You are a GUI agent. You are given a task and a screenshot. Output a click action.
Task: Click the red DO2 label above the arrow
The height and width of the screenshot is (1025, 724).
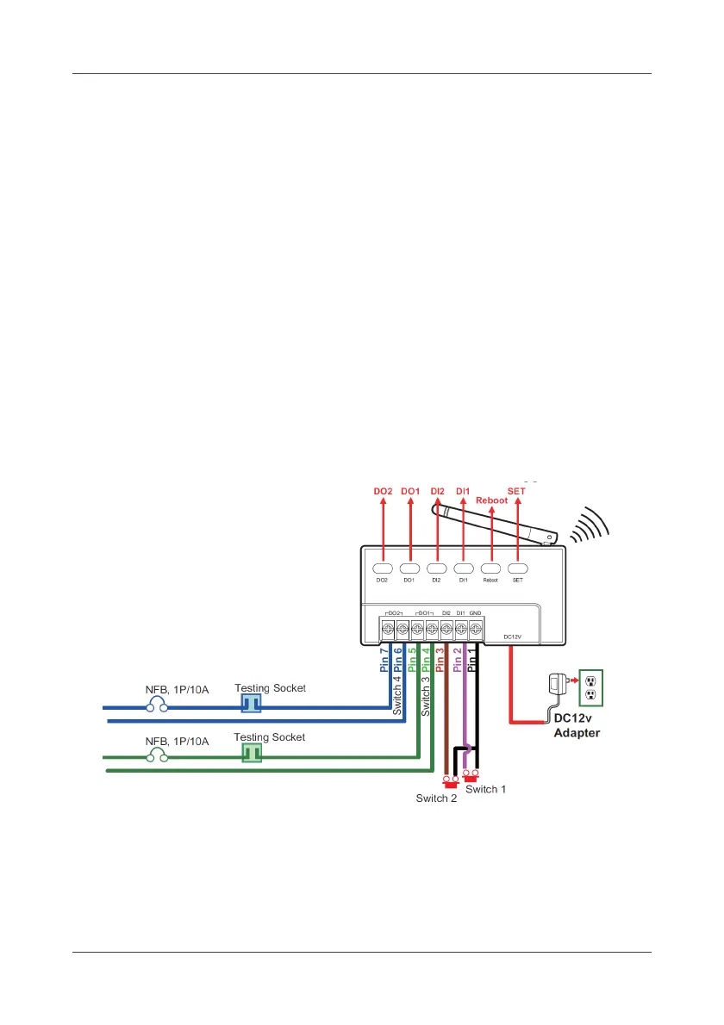coord(384,491)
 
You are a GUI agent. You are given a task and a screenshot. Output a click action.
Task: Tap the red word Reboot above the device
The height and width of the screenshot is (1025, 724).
coord(492,500)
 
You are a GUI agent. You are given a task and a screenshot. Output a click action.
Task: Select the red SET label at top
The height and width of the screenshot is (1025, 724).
coord(517,491)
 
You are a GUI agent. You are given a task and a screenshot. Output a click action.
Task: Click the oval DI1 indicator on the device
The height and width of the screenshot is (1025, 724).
coord(464,568)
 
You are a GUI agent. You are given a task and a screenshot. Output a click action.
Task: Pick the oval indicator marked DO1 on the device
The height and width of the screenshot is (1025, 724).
coord(410,568)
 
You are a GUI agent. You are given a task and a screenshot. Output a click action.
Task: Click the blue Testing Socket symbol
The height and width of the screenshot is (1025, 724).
coord(250,705)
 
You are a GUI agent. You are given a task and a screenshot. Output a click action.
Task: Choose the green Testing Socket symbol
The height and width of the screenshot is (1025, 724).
coord(250,753)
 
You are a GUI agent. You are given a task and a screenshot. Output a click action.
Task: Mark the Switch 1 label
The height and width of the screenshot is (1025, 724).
coord(486,789)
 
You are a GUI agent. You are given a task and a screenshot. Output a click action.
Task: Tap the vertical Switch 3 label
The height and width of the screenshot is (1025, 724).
coord(425,696)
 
